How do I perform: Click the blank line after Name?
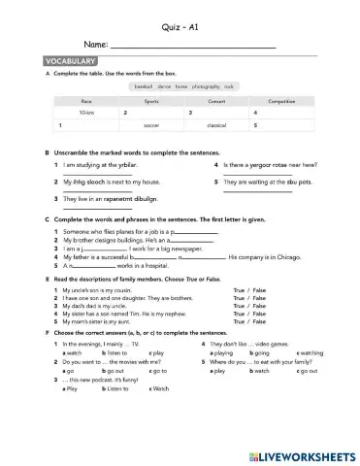tap(193, 48)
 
